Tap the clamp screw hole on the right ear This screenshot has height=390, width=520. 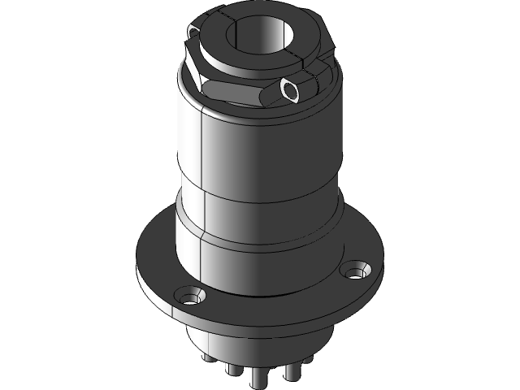point(290,89)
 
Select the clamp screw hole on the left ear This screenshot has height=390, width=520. point(193,32)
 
